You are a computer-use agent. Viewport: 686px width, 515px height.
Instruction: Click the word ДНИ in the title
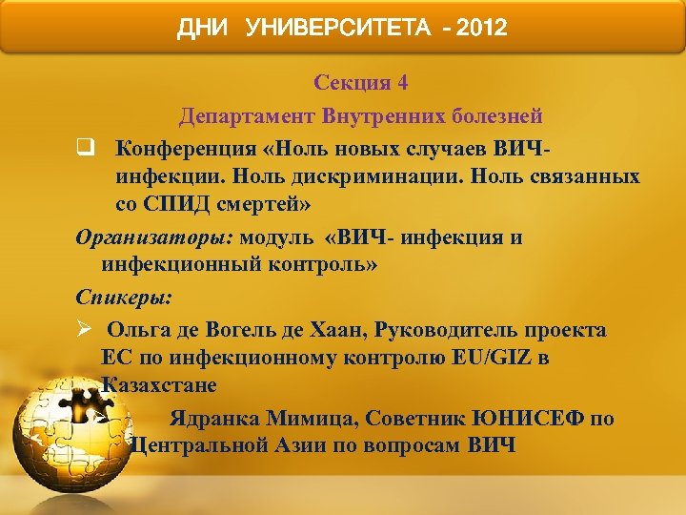[x=203, y=29]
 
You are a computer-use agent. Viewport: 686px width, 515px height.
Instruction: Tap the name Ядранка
[x=214, y=418]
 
